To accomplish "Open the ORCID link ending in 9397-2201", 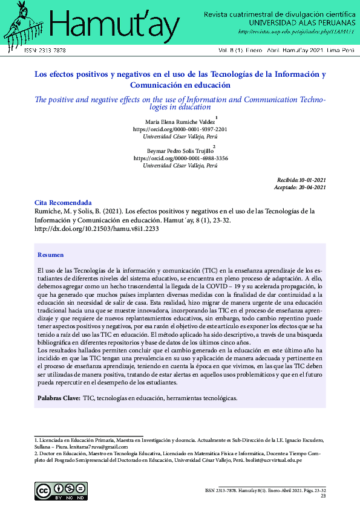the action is click(x=180, y=129).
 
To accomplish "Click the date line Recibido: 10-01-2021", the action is click(x=301, y=180).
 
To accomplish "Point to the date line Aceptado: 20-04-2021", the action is click(x=301, y=187).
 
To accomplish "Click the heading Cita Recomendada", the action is click(x=63, y=203).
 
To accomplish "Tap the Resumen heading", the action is click(x=50, y=255).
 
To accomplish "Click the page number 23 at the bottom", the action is click(x=322, y=496).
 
